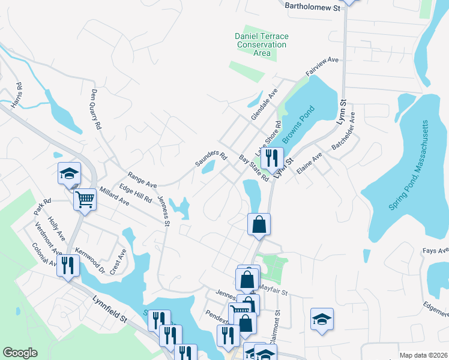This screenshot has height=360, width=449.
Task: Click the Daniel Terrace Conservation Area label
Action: click(261, 45)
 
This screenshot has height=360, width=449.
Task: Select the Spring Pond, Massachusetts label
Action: click(410, 166)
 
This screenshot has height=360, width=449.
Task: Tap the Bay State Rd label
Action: click(253, 169)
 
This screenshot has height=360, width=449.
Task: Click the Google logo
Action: click(20, 353)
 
